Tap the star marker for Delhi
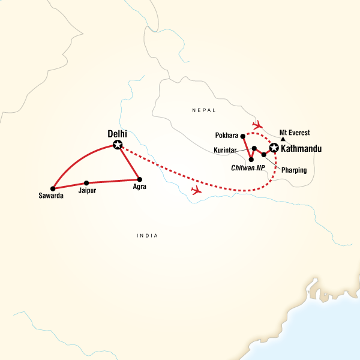point(118,144)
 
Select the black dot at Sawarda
point(53,188)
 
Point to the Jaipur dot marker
point(87,182)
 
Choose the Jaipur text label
point(88,191)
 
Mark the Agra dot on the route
point(139,179)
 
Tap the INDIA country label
point(147,236)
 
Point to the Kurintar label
point(228,150)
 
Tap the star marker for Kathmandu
point(274,148)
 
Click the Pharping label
point(294,170)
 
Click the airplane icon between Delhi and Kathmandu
point(195,190)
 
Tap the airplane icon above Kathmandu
point(257,125)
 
